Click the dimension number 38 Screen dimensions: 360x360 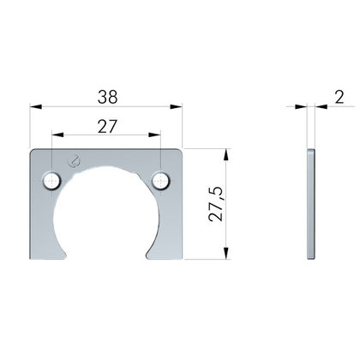tap(107, 97)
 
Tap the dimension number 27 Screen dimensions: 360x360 tap(107, 127)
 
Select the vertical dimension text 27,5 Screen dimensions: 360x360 tap(216, 204)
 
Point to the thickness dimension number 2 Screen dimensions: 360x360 tap(339, 97)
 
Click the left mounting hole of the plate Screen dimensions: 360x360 tap(51, 181)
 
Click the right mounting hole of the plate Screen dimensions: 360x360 tap(161, 181)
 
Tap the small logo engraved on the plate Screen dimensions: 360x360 tap(74, 161)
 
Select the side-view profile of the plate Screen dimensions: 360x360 tap(311, 204)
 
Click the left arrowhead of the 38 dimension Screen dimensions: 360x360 tap(36, 106)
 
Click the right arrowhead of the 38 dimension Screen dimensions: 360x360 tap(176, 106)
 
